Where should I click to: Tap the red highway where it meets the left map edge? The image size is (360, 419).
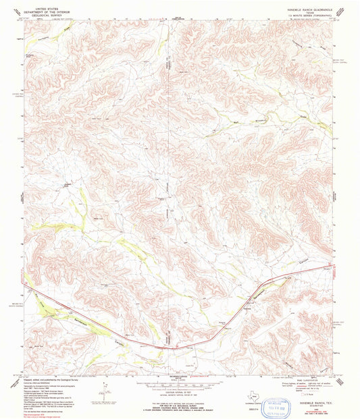pos(24,284)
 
